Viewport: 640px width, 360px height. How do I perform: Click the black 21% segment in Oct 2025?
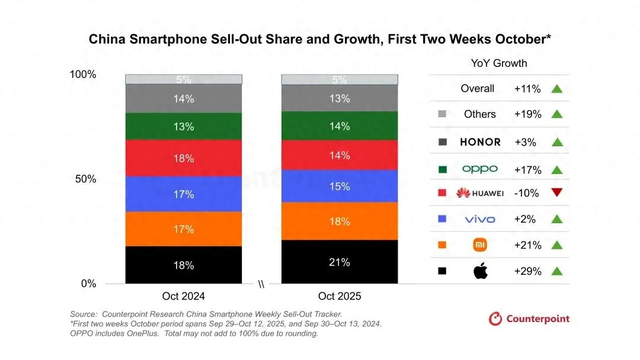tap(340, 262)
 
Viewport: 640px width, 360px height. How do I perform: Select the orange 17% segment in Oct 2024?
tap(184, 229)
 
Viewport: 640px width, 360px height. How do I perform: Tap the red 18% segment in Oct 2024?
tap(184, 158)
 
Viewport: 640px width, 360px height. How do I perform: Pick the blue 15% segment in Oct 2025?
tap(340, 186)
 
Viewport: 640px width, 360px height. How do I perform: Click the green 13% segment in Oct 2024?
tap(184, 126)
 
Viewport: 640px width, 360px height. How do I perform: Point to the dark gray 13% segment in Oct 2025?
tap(340, 99)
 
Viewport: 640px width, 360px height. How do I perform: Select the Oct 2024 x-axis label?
tap(184, 297)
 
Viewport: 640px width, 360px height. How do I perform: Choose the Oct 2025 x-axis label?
tap(340, 297)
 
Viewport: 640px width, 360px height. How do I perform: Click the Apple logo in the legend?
tap(480, 270)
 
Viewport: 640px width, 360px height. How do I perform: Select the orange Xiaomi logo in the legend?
tap(480, 244)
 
